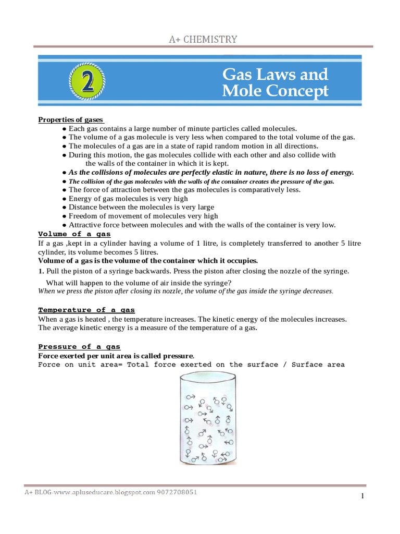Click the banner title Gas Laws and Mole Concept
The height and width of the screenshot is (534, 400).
(275, 82)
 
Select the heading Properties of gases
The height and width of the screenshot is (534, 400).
(71, 119)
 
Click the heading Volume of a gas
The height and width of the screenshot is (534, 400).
(74, 234)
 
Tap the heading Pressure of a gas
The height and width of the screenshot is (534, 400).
(79, 346)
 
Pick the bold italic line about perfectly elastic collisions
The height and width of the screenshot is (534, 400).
(211, 172)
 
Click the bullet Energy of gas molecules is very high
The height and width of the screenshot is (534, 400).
(128, 199)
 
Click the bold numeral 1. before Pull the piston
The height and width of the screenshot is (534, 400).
(41, 271)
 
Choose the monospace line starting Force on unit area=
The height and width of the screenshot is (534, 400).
(191, 365)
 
